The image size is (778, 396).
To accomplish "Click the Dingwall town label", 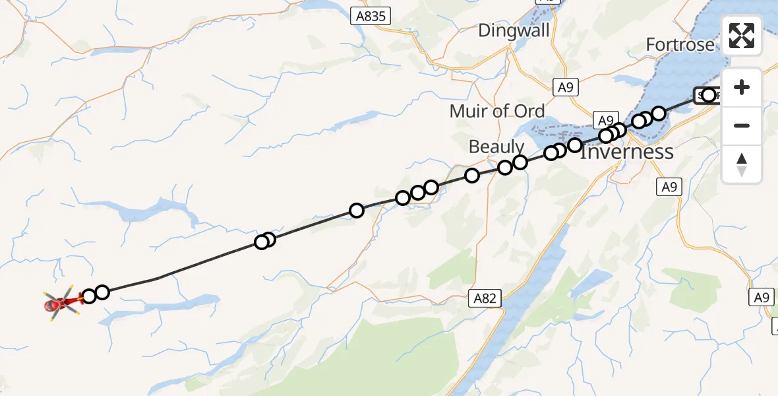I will [x=514, y=30].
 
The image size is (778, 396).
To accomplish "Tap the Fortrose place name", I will [x=680, y=45].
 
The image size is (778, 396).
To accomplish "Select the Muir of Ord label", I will [x=497, y=111].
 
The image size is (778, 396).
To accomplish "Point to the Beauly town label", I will [x=496, y=147].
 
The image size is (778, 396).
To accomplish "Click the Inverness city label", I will [x=626, y=152].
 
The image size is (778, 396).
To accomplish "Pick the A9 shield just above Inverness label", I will [x=605, y=119].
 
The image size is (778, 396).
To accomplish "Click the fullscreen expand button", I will [x=742, y=36].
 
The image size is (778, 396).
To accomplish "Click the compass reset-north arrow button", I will [x=742, y=164].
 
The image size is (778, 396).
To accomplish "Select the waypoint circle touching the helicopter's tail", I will [x=88, y=296].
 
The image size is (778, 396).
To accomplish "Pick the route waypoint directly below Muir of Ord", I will [x=472, y=176].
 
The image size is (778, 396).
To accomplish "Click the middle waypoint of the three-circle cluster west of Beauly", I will [x=417, y=193].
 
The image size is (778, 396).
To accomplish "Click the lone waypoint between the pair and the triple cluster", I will [x=357, y=211].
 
